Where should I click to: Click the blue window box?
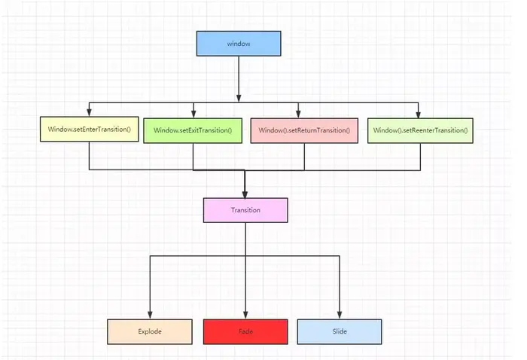click(239, 43)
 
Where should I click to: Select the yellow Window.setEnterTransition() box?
click(89, 130)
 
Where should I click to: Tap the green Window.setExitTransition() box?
click(193, 130)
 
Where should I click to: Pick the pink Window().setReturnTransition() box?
click(304, 130)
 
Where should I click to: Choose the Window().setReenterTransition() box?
click(419, 130)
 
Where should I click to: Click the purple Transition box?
click(245, 210)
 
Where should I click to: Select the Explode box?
click(151, 331)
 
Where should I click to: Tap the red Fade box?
click(245, 331)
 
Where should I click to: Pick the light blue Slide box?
click(340, 331)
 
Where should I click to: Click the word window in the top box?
click(239, 44)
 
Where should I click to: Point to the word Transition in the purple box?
click(245, 210)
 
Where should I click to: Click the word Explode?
click(151, 331)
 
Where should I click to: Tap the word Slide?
click(340, 331)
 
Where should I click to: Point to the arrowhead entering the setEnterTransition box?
click(89, 113)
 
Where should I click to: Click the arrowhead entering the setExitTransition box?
click(193, 113)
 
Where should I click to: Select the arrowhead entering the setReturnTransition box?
click(298, 113)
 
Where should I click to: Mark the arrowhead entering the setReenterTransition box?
click(419, 113)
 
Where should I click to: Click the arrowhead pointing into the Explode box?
click(151, 316)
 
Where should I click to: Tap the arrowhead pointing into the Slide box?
click(340, 316)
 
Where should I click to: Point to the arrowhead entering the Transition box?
click(245, 194)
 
